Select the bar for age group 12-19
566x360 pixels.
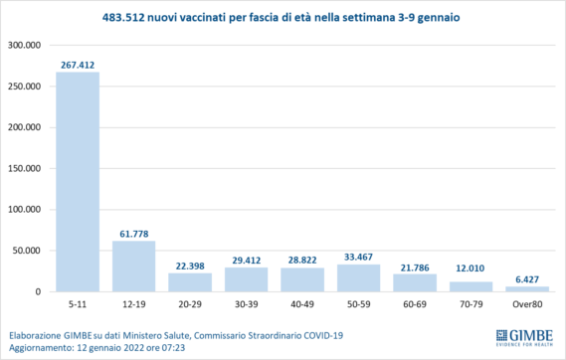[x=134, y=267]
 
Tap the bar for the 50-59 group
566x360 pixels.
[x=359, y=278]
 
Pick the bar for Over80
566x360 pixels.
[x=527, y=289]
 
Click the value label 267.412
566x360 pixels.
[x=78, y=65]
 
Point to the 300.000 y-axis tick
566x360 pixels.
[x=24, y=46]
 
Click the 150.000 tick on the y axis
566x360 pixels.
[x=24, y=169]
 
